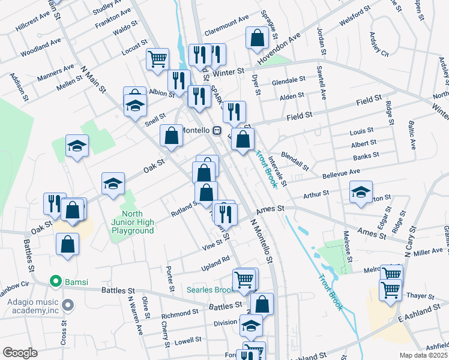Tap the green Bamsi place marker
pos(56,280)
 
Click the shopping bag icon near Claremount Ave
pos(257,38)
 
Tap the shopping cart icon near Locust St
pos(157,59)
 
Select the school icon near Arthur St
pos(361,192)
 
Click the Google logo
pos(20,352)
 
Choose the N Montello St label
pos(261,241)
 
